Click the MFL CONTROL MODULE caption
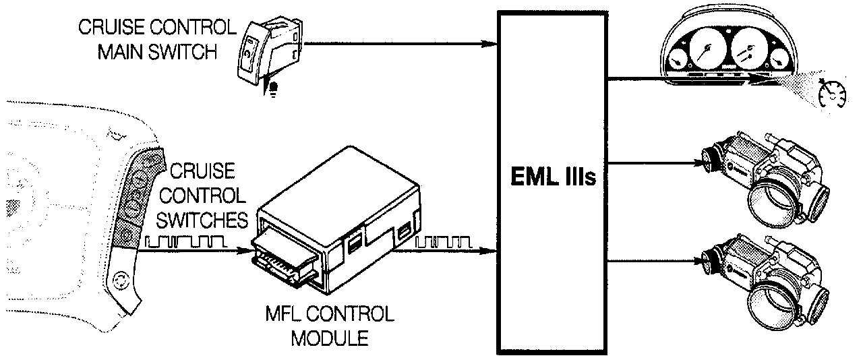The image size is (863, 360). [x=330, y=325]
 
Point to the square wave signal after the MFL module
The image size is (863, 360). [x=445, y=241]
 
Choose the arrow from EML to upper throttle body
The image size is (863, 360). [x=654, y=162]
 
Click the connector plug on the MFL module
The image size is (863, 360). [x=283, y=260]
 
